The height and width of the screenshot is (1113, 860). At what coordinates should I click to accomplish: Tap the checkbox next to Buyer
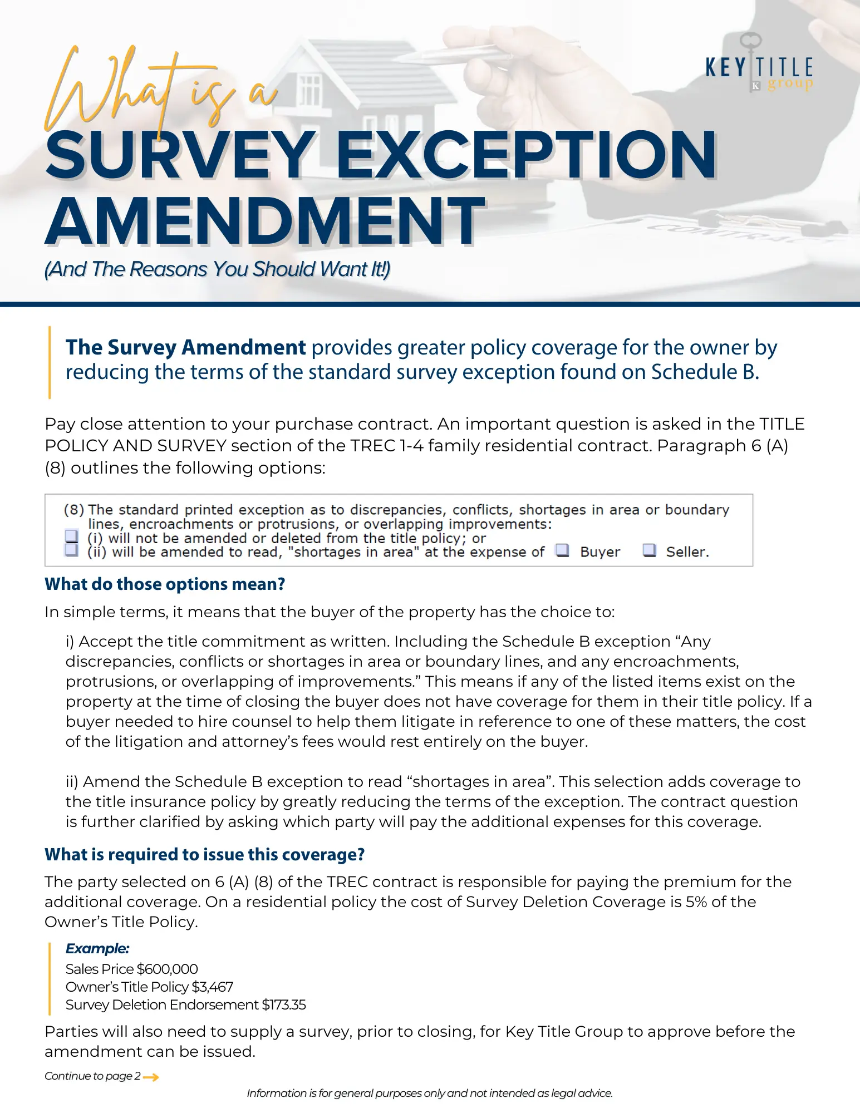click(x=563, y=550)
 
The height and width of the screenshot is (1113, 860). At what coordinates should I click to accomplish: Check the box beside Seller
click(x=649, y=550)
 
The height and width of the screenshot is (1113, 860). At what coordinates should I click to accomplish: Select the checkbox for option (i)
click(x=71, y=536)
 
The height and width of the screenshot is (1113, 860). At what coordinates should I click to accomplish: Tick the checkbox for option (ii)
click(x=71, y=550)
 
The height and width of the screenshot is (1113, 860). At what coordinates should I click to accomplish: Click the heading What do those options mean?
click(x=165, y=584)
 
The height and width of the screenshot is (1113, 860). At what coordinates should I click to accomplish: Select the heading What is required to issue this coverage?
click(x=204, y=854)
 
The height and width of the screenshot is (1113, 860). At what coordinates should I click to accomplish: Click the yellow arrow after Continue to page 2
click(x=151, y=1077)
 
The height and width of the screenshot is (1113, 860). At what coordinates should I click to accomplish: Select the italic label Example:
click(x=97, y=948)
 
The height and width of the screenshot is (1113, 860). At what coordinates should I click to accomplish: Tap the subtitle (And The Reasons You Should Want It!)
click(x=217, y=269)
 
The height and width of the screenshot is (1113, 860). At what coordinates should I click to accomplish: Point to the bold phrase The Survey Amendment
click(x=185, y=347)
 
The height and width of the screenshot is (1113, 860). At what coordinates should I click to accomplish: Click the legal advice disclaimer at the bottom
click(x=430, y=1094)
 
